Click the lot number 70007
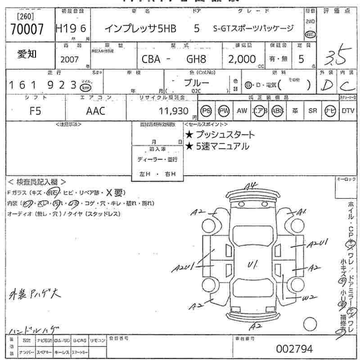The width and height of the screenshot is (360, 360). click(27, 29)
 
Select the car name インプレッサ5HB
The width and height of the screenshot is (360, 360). click(140, 28)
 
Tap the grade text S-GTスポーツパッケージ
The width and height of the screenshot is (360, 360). click(253, 28)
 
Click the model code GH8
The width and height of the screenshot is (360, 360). click(197, 59)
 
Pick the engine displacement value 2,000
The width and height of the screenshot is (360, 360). click(242, 59)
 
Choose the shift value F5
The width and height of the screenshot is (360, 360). click(35, 111)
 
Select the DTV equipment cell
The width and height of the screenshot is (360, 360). click(348, 111)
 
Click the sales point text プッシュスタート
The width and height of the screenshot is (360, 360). click(225, 135)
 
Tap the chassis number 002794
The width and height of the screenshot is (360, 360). click(295, 349)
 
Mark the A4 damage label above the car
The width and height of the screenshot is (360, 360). click(250, 186)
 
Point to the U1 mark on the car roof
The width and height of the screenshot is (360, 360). click(252, 265)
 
